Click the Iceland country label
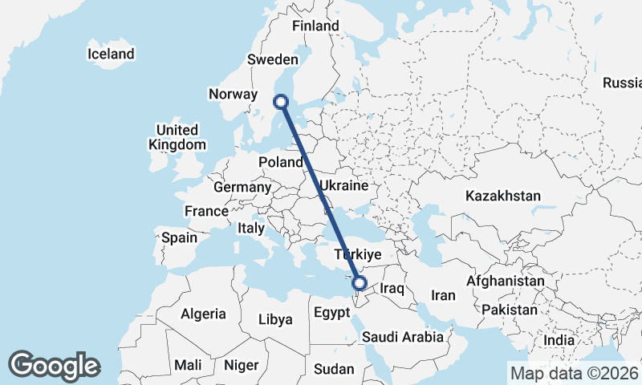[111, 55]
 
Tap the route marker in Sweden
[281, 101]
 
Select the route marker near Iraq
[360, 282]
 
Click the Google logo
[54, 366]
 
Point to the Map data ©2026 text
[574, 372]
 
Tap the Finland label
[315, 26]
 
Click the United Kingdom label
[177, 137]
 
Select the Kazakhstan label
[503, 196]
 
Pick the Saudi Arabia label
[402, 337]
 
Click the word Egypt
[331, 311]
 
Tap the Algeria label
[203, 314]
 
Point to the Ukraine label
[343, 185]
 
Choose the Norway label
[232, 94]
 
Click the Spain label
[179, 237]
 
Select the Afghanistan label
[505, 282]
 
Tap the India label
[559, 340]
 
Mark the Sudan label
[333, 369]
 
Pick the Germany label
[242, 187]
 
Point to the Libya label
[275, 319]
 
